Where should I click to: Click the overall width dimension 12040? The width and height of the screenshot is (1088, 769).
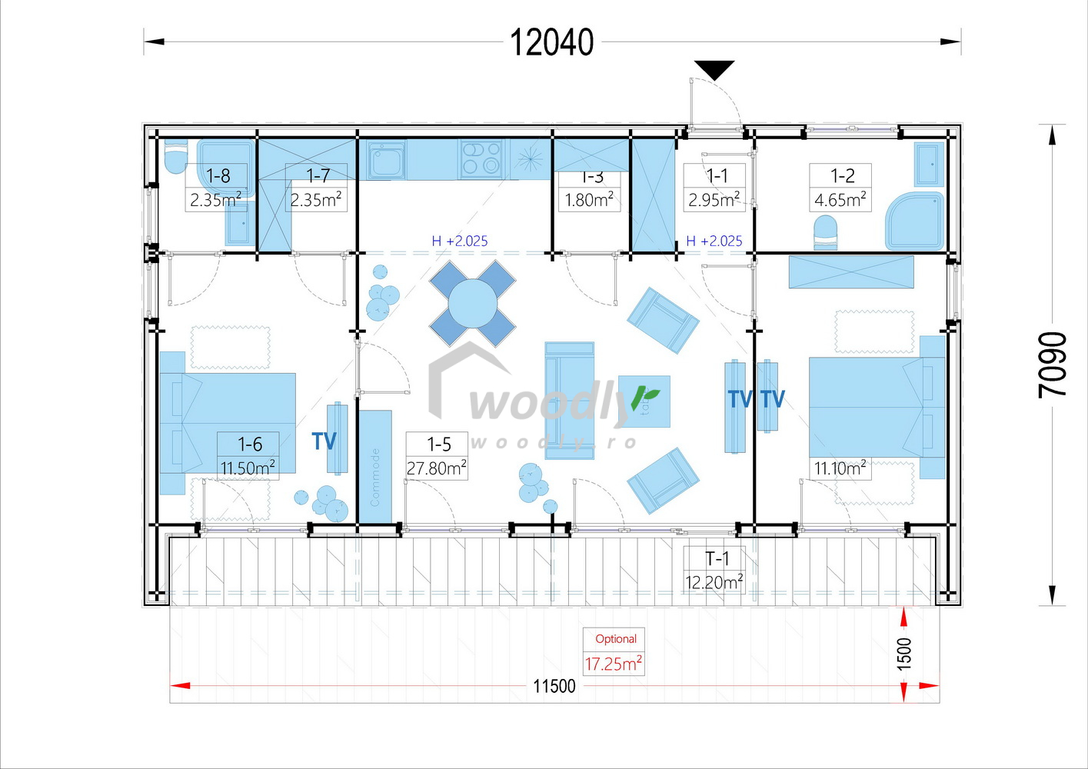pyautogui.click(x=551, y=42)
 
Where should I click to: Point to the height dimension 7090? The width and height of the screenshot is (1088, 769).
pyautogui.click(x=1053, y=365)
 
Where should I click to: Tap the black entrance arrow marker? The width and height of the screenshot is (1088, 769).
pyautogui.click(x=714, y=70)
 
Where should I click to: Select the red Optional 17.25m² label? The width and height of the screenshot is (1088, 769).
pyautogui.click(x=613, y=652)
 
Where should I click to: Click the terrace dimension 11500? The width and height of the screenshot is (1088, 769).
pyautogui.click(x=554, y=686)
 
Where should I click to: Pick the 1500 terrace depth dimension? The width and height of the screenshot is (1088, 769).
pyautogui.click(x=904, y=653)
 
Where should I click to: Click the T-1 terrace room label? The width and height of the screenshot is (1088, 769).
pyautogui.click(x=714, y=570)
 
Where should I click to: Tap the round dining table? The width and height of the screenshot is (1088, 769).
pyautogui.click(x=472, y=303)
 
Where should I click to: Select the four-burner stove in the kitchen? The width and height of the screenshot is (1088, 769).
pyautogui.click(x=481, y=158)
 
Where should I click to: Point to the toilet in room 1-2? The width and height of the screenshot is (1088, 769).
pyautogui.click(x=825, y=232)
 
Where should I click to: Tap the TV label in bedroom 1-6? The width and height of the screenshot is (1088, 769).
pyautogui.click(x=324, y=441)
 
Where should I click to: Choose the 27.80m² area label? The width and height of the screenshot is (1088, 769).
pyautogui.click(x=436, y=468)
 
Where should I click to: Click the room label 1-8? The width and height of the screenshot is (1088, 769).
pyautogui.click(x=218, y=175)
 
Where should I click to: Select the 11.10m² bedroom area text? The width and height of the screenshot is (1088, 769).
pyautogui.click(x=840, y=468)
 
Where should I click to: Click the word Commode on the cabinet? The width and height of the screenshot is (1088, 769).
pyautogui.click(x=375, y=477)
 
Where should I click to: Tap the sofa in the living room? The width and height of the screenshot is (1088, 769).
pyautogui.click(x=569, y=400)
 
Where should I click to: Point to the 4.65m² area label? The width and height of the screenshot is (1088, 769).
pyautogui.click(x=840, y=200)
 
